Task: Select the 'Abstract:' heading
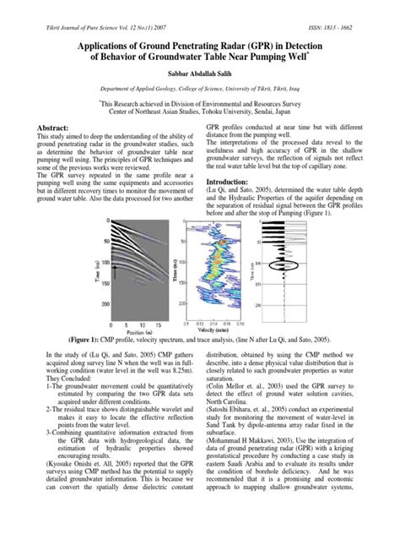(x=51, y=124)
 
